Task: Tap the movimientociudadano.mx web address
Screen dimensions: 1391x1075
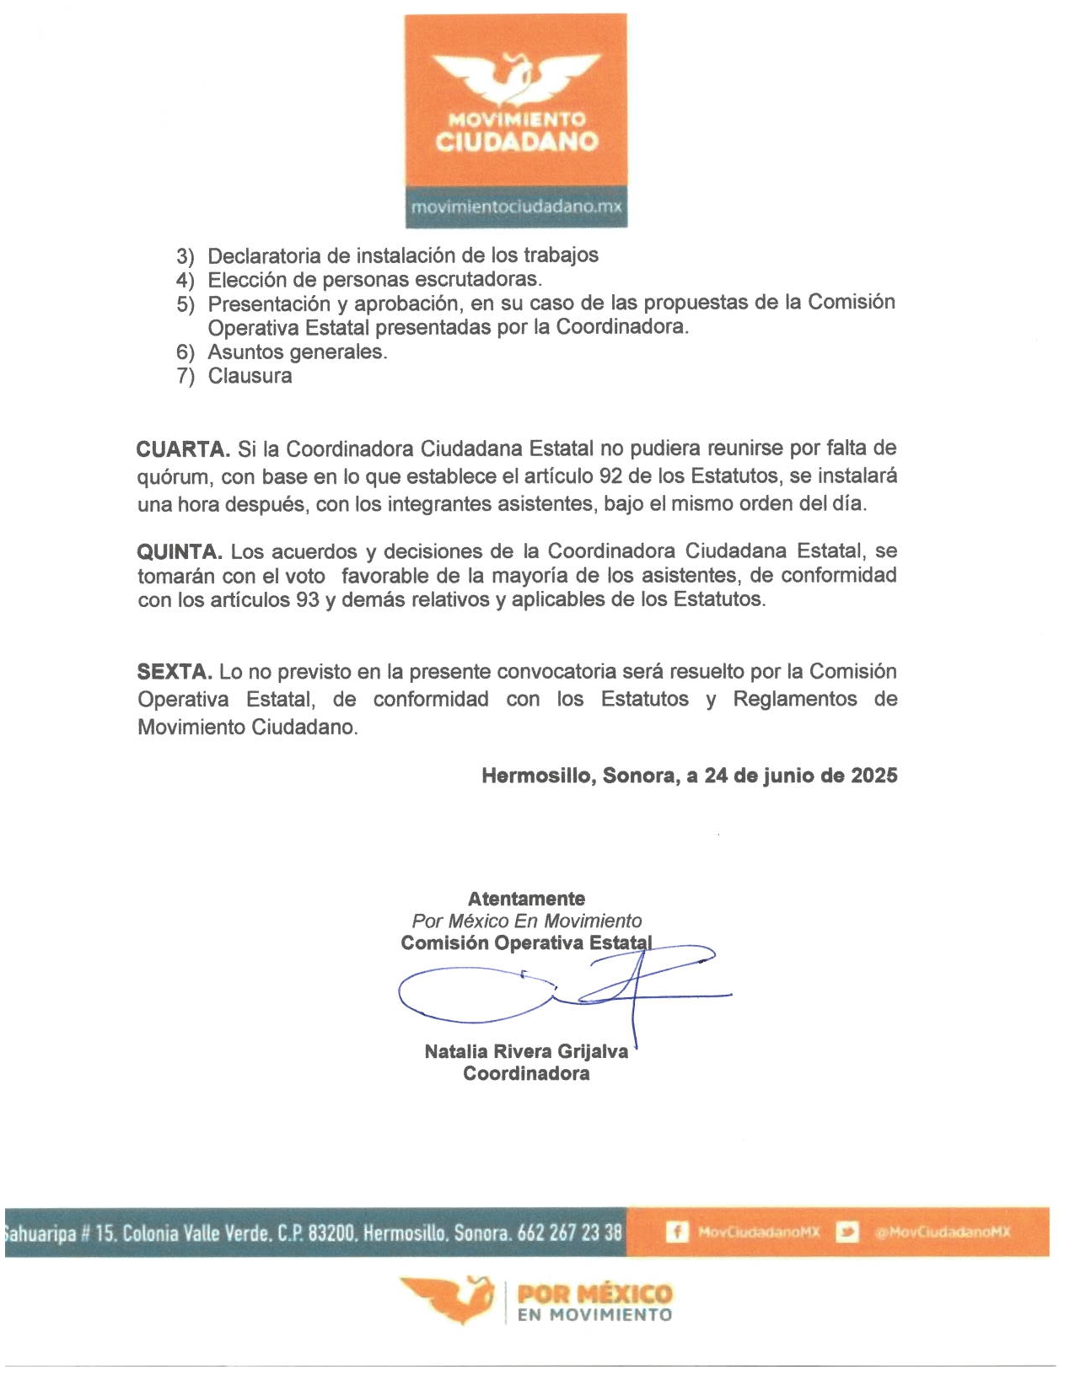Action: click(516, 207)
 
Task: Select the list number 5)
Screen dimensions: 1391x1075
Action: click(185, 304)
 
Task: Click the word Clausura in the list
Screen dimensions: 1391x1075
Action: click(250, 376)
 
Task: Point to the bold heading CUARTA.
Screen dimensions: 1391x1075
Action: click(183, 448)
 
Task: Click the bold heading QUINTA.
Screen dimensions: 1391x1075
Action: click(180, 552)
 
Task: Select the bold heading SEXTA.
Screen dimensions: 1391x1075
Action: click(175, 673)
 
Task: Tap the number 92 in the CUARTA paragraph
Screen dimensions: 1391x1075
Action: click(611, 476)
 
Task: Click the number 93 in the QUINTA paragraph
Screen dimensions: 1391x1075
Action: click(308, 600)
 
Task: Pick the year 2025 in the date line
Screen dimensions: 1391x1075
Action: click(873, 776)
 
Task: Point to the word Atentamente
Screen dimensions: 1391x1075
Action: click(526, 899)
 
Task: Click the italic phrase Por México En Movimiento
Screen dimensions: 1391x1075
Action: click(526, 921)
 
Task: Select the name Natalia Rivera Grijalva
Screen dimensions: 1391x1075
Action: click(526, 1051)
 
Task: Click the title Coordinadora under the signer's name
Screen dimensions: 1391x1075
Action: click(526, 1073)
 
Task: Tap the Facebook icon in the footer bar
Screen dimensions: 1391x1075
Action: click(676, 1233)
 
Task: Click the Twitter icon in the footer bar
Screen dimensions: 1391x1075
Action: click(847, 1233)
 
